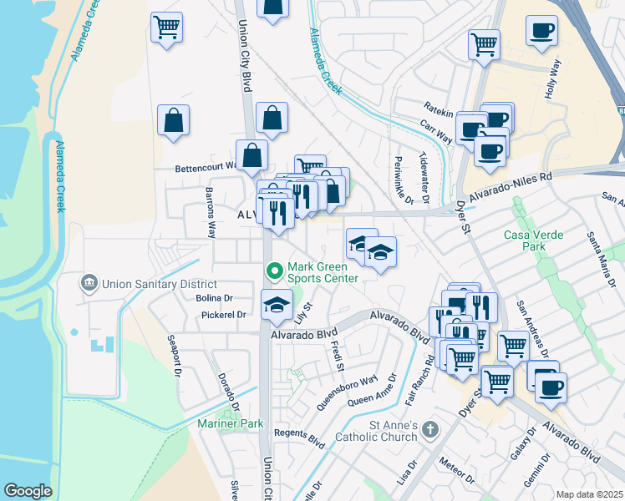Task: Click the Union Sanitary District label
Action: (x=153, y=284)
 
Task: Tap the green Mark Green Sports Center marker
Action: (x=272, y=271)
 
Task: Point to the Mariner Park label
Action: (x=230, y=424)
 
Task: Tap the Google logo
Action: (x=28, y=491)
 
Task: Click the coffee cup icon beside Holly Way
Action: (x=541, y=31)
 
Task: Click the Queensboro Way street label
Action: (x=347, y=392)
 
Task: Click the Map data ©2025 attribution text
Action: (x=588, y=494)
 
